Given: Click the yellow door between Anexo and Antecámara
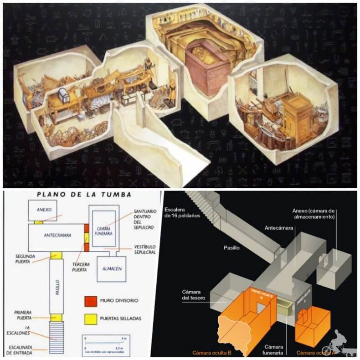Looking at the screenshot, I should click(40, 222).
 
